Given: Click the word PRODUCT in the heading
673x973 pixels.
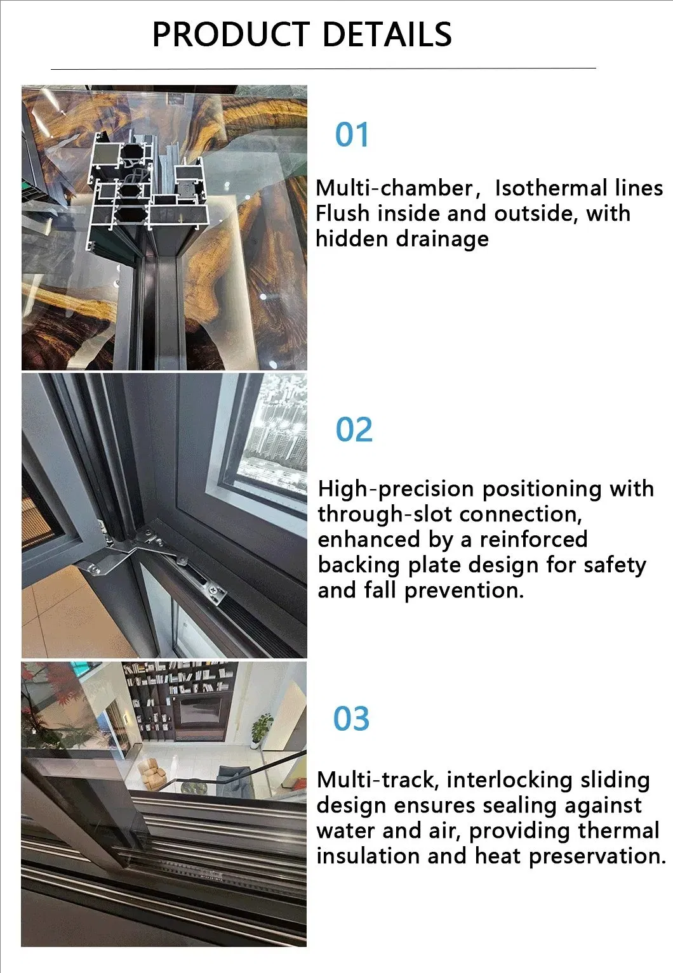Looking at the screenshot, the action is point(231,34).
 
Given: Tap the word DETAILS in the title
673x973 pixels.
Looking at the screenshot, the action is point(387,34).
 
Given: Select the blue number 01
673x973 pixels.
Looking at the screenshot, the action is point(352,134).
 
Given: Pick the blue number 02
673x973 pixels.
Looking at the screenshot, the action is point(354,429).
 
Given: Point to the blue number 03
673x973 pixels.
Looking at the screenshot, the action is point(351,719).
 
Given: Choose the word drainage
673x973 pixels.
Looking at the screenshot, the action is point(440,239).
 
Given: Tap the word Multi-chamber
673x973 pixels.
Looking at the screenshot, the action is point(394,188).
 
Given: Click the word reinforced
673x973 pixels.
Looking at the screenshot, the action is point(533,540).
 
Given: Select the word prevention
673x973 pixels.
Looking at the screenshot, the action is point(464,591).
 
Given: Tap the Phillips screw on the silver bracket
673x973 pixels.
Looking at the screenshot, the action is point(215,590).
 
